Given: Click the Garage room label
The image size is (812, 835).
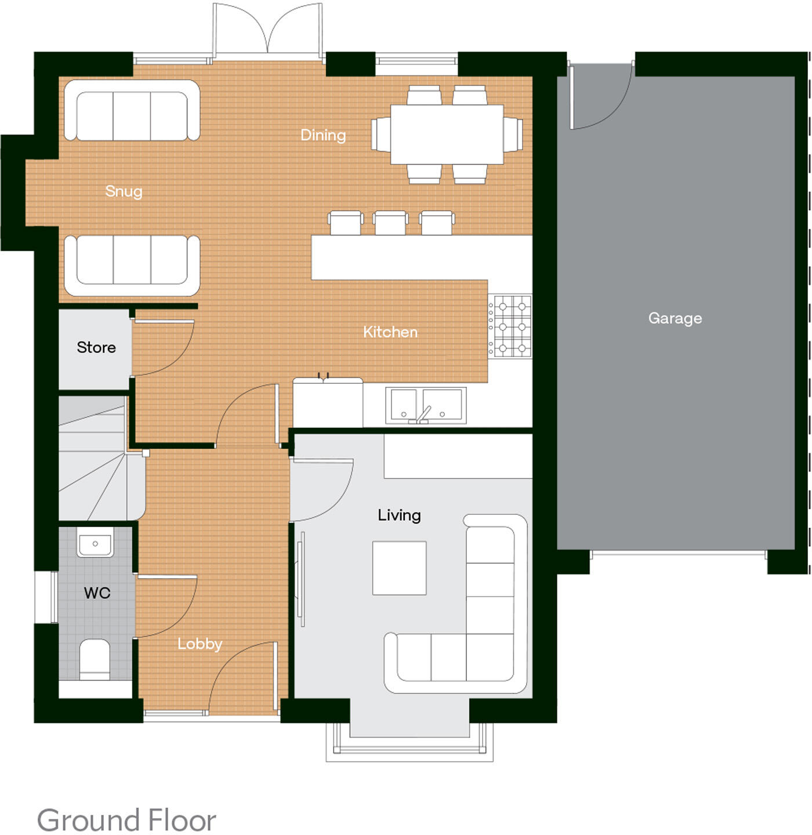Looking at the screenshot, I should (x=675, y=318).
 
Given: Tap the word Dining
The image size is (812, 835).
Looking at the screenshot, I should (x=323, y=135).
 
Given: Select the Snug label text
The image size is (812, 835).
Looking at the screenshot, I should (x=124, y=191).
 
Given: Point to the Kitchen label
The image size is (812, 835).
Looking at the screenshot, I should (x=390, y=332).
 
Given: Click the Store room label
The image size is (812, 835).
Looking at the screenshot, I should (x=96, y=347).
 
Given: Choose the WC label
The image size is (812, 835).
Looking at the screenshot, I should (x=97, y=593).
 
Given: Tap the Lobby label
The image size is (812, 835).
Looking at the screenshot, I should (x=200, y=644).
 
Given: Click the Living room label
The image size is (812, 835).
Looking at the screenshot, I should (x=399, y=515).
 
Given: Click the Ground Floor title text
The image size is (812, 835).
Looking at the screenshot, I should (x=126, y=820).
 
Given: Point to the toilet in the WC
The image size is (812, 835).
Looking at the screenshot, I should (x=95, y=659).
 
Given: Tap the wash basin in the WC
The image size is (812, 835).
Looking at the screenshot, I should (x=95, y=544).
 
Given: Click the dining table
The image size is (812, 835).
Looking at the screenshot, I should (x=447, y=135).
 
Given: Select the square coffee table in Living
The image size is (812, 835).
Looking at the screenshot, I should (x=399, y=568).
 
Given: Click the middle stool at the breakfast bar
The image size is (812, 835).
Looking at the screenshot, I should (x=390, y=223).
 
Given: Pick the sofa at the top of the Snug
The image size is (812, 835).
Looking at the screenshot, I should (x=132, y=110).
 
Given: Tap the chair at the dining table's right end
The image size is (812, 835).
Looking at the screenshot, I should (x=513, y=135).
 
